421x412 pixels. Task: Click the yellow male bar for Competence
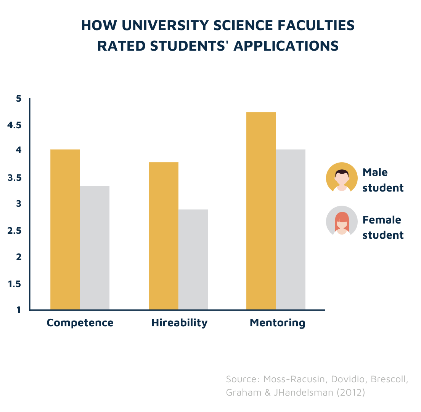point(65,229)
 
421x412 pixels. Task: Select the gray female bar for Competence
point(95,248)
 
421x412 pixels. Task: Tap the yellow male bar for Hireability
point(163,236)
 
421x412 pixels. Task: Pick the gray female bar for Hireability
point(193,259)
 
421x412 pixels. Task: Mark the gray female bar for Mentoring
point(291,229)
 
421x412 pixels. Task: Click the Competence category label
point(80,323)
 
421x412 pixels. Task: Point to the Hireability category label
point(179,323)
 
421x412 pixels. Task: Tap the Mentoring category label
point(277,323)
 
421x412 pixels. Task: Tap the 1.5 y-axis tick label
point(15,284)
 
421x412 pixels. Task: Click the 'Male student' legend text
point(382,180)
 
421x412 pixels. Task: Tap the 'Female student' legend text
point(382,227)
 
